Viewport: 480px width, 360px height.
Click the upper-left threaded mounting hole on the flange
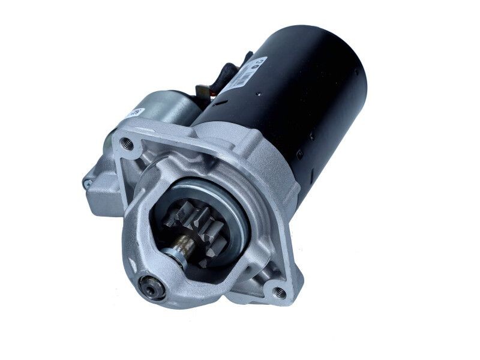point(127,143)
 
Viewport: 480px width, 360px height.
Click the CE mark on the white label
point(261,61)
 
